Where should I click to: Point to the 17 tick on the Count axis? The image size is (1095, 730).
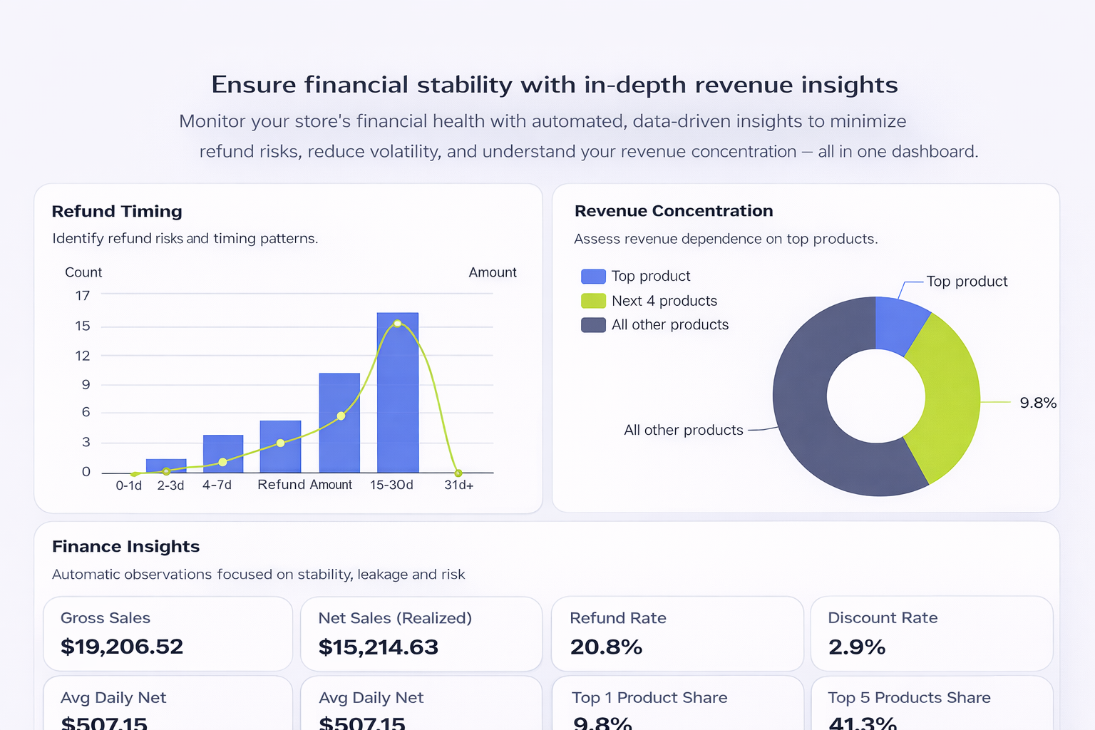pos(83,295)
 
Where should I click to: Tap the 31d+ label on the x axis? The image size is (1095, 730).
pos(458,485)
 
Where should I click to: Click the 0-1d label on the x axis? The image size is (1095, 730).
pos(128,485)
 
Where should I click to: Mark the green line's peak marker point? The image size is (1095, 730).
pos(397,324)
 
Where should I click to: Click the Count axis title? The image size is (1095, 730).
pos(83,272)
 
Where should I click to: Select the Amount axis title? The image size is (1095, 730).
pos(493,272)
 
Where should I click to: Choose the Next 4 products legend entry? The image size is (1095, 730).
pos(664,301)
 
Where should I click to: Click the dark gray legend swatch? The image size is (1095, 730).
pos(593,325)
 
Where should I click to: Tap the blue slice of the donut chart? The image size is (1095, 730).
pos(900,324)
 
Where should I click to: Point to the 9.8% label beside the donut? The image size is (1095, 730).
pos(1038,403)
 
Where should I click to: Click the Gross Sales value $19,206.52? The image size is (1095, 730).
pos(122,647)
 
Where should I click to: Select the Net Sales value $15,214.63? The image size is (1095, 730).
pos(379,647)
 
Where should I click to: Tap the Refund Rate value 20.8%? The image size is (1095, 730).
pos(606,647)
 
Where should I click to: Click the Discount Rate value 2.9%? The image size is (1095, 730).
pos(857,647)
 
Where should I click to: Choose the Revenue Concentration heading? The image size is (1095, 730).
pos(674,211)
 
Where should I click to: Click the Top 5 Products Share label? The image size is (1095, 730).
pos(909,698)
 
